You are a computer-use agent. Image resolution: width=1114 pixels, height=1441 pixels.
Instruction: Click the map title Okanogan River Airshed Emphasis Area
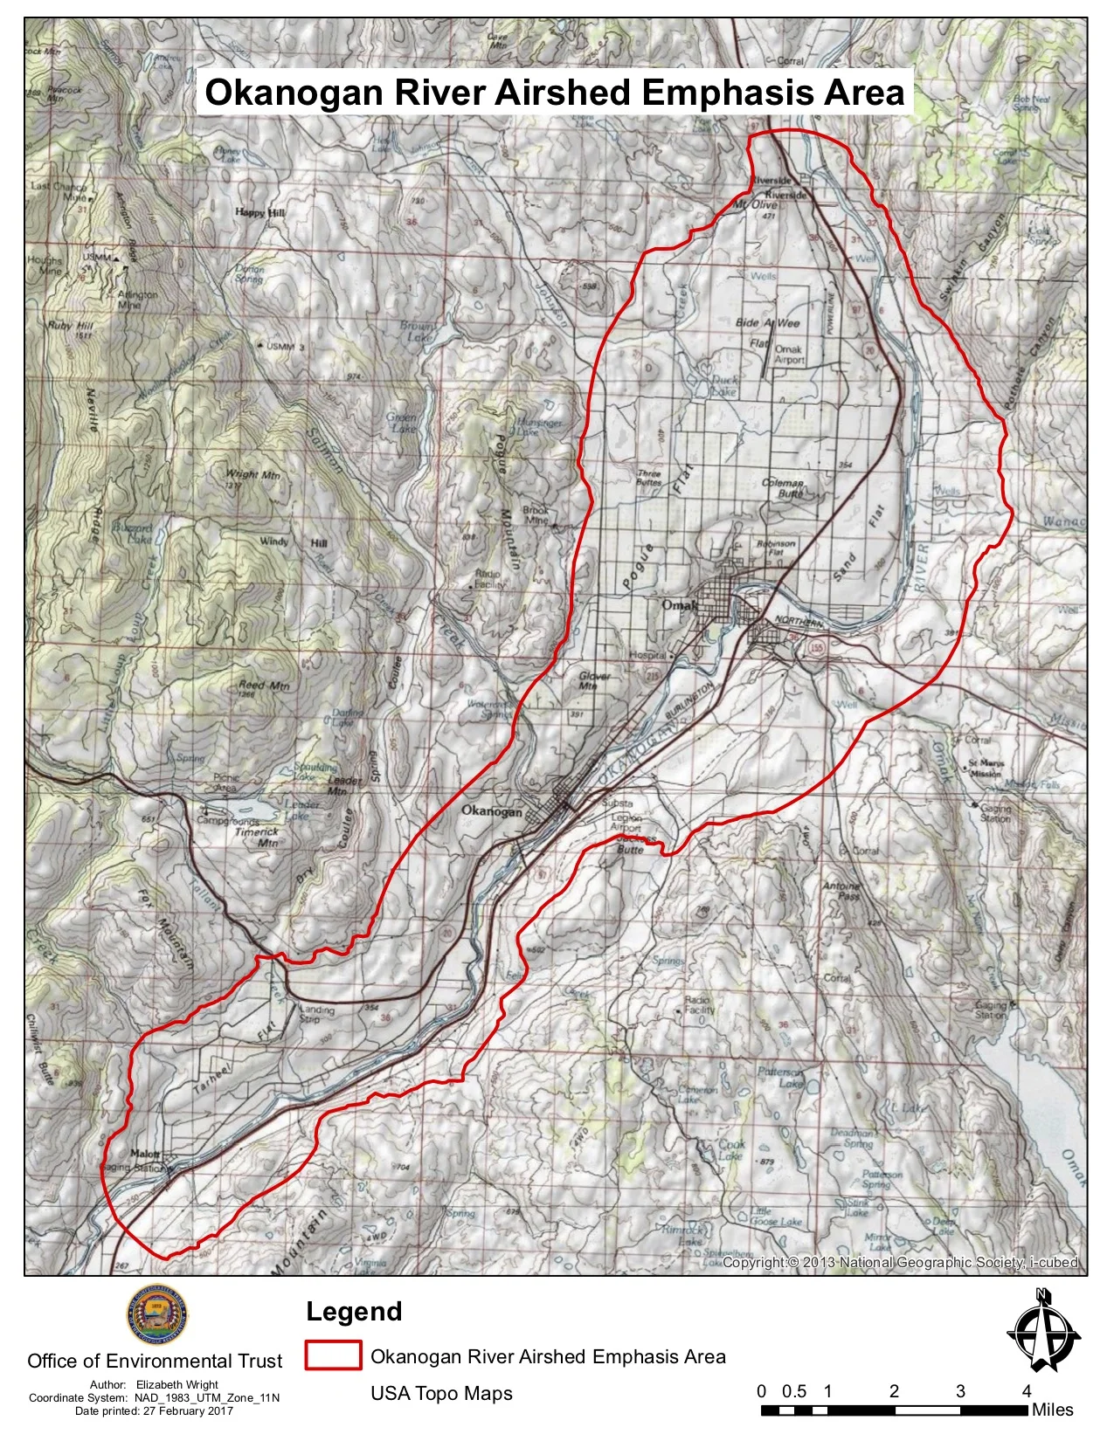click(x=555, y=93)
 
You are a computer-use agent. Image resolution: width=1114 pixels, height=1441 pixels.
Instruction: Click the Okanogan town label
click(x=491, y=811)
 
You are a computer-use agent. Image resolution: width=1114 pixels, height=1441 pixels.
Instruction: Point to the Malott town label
click(x=144, y=1154)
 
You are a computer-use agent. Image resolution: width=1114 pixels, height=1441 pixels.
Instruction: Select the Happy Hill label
click(x=260, y=213)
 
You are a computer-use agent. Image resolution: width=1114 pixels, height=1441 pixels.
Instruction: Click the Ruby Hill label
click(x=72, y=326)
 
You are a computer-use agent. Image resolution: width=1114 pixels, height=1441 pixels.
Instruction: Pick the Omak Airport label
click(x=789, y=354)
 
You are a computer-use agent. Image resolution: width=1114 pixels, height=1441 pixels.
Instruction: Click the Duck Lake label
click(x=724, y=386)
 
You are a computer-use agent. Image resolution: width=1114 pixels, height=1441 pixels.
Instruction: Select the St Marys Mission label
click(x=985, y=768)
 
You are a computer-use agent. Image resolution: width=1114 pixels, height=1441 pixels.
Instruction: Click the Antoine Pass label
click(x=841, y=891)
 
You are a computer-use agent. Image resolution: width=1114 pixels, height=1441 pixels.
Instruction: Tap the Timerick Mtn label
click(x=256, y=838)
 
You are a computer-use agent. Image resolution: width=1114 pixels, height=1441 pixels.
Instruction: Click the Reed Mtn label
click(x=264, y=686)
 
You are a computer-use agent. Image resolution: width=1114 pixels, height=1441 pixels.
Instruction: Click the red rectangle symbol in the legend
click(x=333, y=1355)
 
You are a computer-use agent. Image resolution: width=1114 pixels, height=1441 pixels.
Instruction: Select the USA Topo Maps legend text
click(x=441, y=1393)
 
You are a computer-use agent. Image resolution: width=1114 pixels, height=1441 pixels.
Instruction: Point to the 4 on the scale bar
click(x=1027, y=1391)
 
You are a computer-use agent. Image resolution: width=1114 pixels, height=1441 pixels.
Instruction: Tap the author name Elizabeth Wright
click(x=177, y=1384)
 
